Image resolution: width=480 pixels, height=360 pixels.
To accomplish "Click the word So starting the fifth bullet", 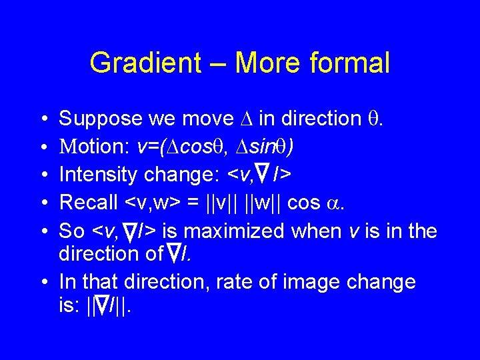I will coord(72,231).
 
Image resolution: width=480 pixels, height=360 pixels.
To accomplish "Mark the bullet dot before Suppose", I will coord(43,119).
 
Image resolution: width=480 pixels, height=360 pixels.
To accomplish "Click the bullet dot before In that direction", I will coord(43,282).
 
